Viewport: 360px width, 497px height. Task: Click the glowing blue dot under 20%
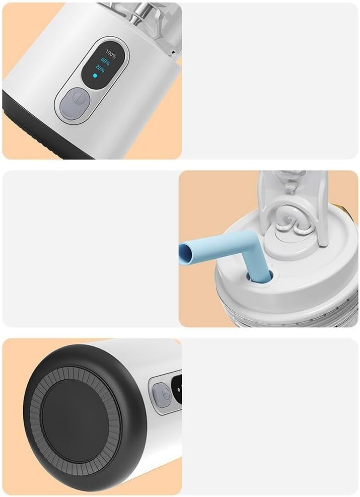click(x=94, y=77)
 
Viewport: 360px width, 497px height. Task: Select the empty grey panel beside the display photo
click(x=270, y=81)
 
